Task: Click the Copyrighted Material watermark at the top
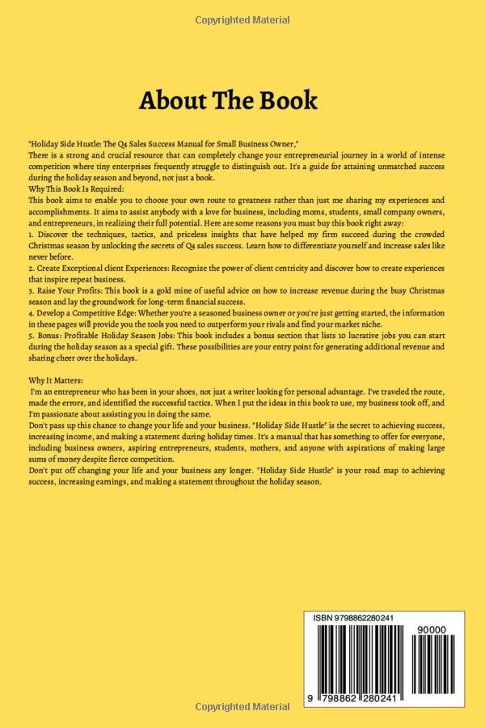coord(242,19)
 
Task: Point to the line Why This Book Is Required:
coord(77,188)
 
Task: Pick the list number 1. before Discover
coord(30,234)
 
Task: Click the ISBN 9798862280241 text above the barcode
coord(353,618)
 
